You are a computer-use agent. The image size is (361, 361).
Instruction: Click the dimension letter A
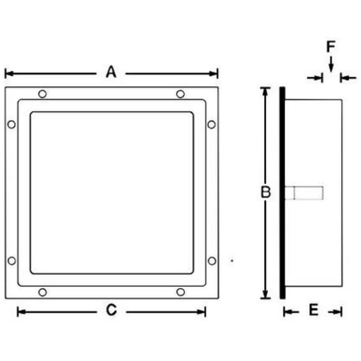pyautogui.click(x=111, y=73)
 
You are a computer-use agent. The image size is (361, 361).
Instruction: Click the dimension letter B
pyautogui.click(x=265, y=192)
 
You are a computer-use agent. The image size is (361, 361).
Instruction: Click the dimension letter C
pyautogui.click(x=111, y=310)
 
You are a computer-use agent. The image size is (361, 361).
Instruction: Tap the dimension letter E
pyautogui.click(x=313, y=310)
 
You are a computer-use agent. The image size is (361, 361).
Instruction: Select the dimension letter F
pyautogui.click(x=331, y=47)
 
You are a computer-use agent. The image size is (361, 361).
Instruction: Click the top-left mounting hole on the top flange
pyautogui.click(x=42, y=94)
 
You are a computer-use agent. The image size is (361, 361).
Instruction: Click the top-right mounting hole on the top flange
pyautogui.click(x=180, y=94)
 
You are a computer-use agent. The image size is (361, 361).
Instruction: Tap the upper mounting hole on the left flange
pyautogui.click(x=11, y=124)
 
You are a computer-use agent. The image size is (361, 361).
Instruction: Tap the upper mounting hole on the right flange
pyautogui.click(x=211, y=124)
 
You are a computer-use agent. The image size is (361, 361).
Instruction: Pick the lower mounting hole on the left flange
pyautogui.click(x=11, y=261)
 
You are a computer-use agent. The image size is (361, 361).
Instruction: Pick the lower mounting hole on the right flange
pyautogui.click(x=211, y=261)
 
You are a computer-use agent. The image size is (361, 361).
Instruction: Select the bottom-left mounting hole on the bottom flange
pyautogui.click(x=42, y=292)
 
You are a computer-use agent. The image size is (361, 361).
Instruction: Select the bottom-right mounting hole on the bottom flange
pyautogui.click(x=180, y=292)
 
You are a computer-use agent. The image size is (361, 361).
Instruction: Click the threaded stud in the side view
pyautogui.click(x=304, y=193)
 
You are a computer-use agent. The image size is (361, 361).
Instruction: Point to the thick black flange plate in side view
pyautogui.click(x=282, y=193)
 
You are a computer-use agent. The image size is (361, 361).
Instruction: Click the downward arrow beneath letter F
pyautogui.click(x=331, y=65)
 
